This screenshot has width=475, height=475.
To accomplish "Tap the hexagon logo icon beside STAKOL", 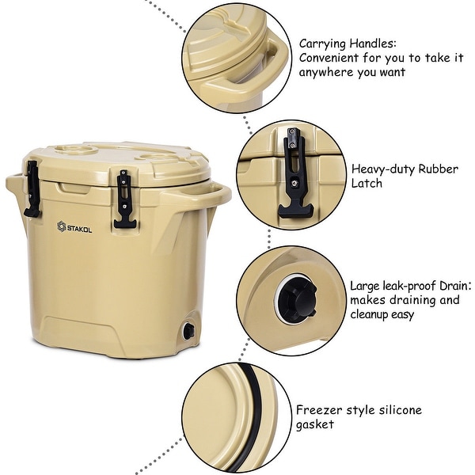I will coord(61,226).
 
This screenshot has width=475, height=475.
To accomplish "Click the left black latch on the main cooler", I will coord(32,189).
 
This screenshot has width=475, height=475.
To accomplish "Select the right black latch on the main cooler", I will coord(123,199).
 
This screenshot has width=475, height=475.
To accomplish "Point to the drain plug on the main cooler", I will coord(188,331).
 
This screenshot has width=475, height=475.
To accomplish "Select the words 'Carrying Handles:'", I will coord(347,43).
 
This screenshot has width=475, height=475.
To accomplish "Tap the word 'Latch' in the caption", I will coord(367,184).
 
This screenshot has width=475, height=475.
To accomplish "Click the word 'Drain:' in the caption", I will coord(454,285).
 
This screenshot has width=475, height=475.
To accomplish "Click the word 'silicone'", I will coord(395,409).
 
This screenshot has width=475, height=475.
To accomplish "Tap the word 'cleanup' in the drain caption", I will coord(376,314).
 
